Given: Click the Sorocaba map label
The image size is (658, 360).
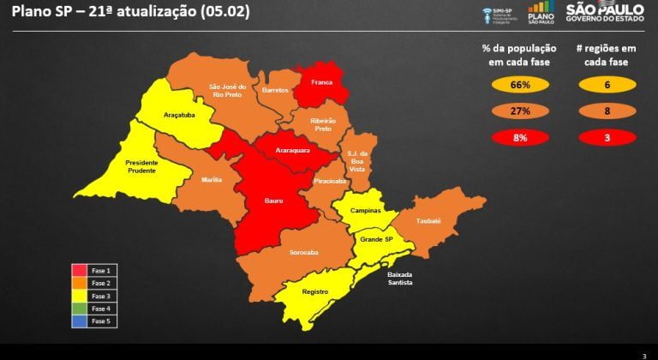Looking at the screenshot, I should point(303,253).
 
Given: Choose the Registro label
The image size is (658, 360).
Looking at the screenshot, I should point(315,291).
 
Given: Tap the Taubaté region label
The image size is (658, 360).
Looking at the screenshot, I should point(428,220).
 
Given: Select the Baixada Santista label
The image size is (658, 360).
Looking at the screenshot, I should point(399,278).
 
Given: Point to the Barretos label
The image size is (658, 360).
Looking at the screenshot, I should point(275,89).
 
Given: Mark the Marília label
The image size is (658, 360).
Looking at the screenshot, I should point(212,179).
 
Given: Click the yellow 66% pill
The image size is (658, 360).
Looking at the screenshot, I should point(521,85).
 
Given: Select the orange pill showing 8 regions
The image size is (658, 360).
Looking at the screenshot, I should point(606,111).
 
